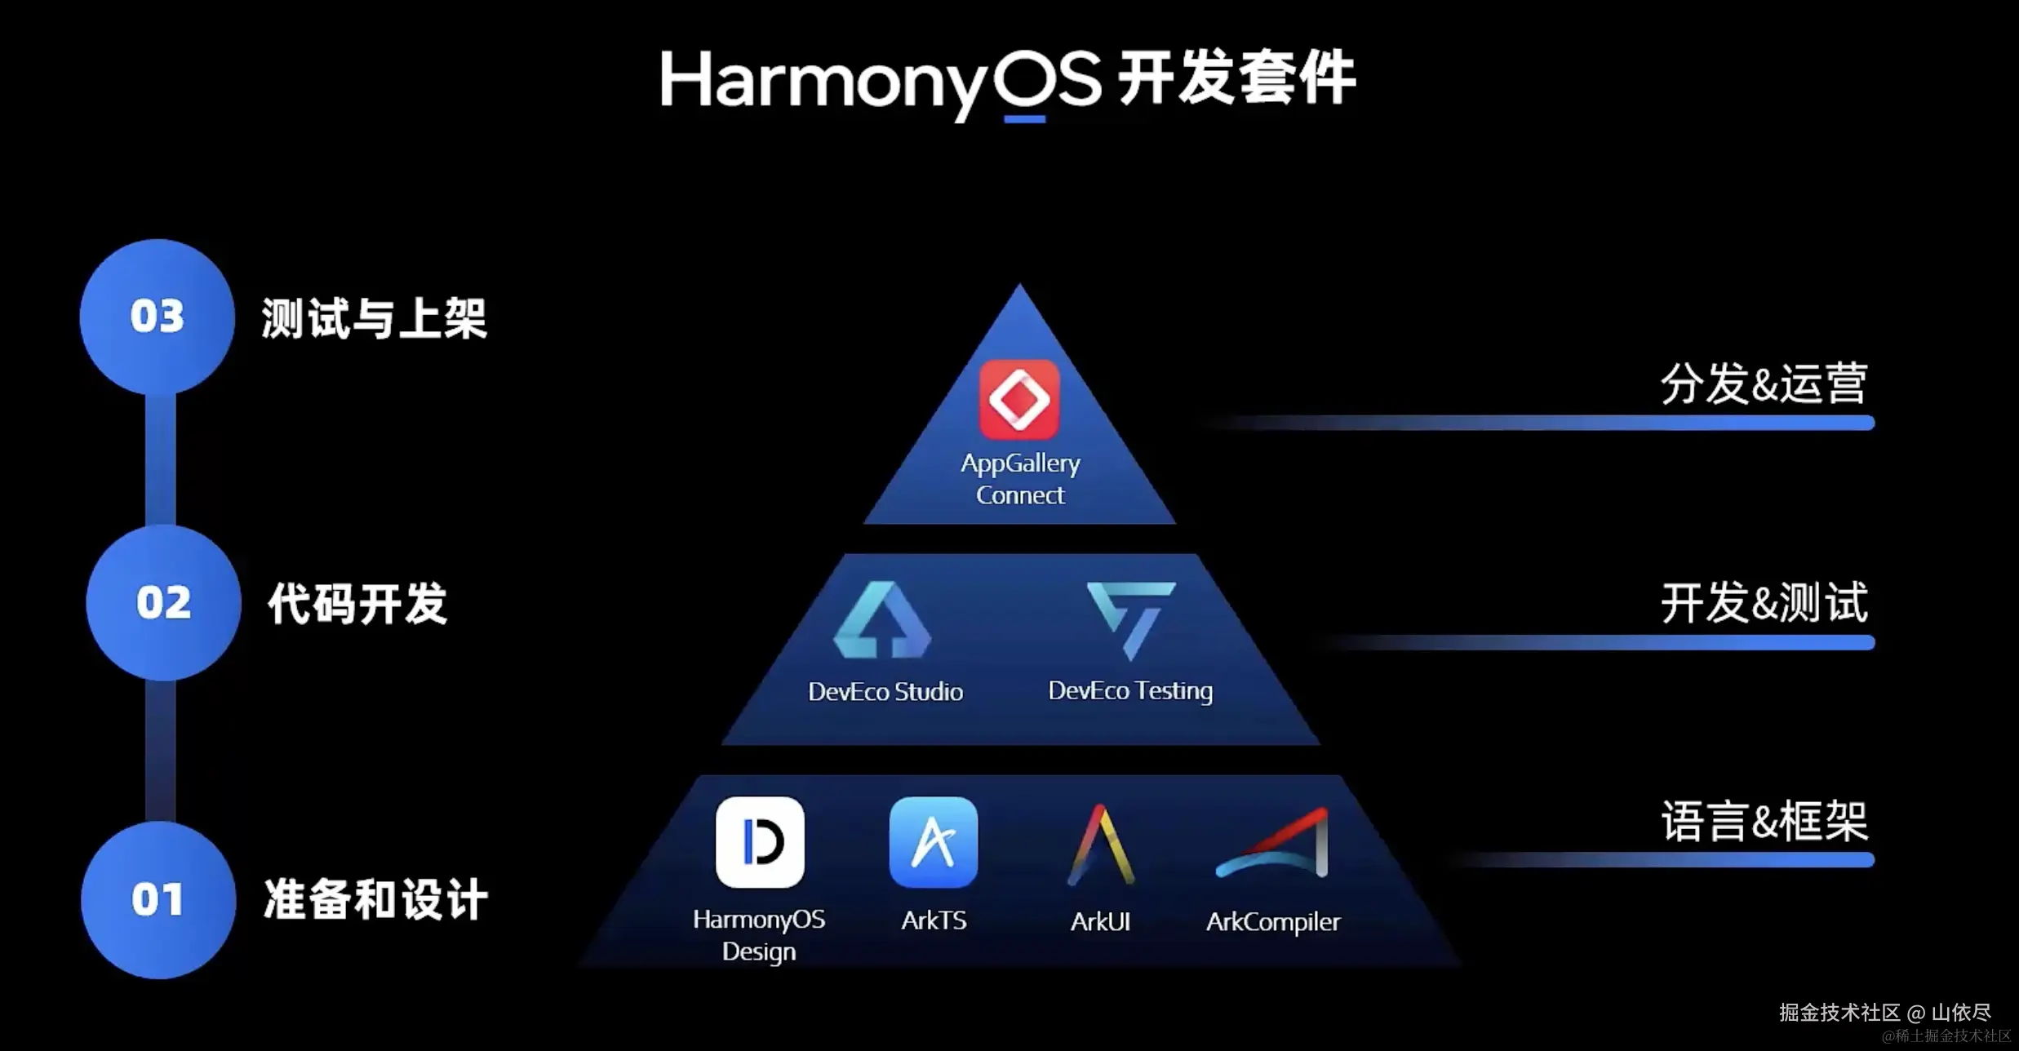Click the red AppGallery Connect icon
coord(1019,400)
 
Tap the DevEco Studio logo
coord(882,620)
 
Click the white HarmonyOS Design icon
coord(760,842)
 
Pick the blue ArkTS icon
coord(934,842)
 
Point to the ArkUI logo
coord(1101,845)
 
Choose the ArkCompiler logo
coord(1273,844)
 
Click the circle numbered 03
coord(158,317)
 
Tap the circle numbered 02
coord(163,603)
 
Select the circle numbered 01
coord(158,900)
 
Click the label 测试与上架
coord(374,318)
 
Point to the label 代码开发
coord(357,604)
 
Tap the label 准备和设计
coord(375,900)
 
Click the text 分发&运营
coord(1764,384)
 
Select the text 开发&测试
coord(1764,604)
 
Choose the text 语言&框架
coord(1764,822)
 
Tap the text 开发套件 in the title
coord(1236,79)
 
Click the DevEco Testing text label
coord(1130,691)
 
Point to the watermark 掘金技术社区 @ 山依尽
coord(1884,1013)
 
